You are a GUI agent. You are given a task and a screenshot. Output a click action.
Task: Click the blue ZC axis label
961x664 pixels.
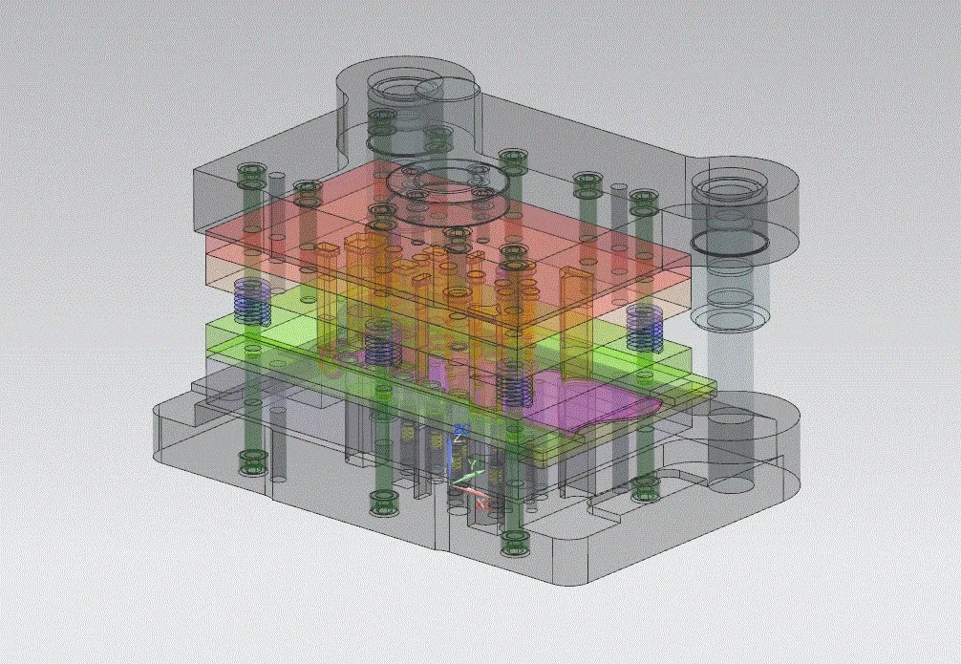coord(460,427)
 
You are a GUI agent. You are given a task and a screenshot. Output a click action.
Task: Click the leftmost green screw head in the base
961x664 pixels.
coord(252,465)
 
